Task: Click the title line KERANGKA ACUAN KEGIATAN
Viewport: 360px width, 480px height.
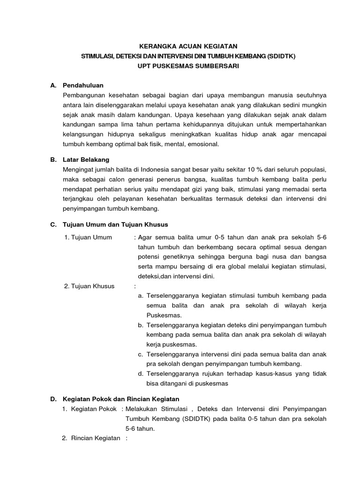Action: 189,46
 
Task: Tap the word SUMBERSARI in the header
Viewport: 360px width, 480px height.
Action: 217,66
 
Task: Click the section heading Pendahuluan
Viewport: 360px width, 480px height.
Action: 83,85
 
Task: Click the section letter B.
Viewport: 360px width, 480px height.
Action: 53,159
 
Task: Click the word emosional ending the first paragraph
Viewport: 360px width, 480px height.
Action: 203,144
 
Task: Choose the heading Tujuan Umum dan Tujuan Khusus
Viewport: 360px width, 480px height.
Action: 115,225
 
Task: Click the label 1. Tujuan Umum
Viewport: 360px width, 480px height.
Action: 88,237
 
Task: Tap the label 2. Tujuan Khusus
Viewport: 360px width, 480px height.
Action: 89,286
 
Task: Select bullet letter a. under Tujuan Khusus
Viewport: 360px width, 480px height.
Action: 141,296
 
